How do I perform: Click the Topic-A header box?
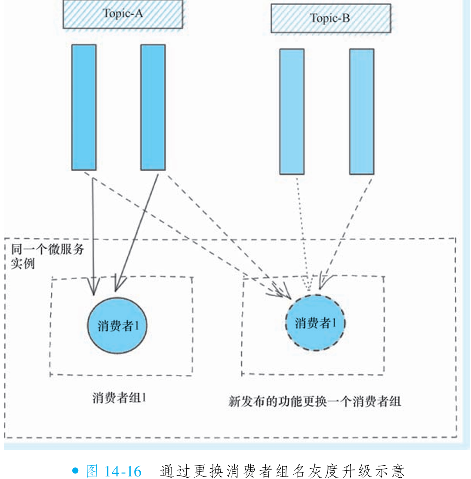pyautogui.click(x=123, y=14)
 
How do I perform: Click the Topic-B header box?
pyautogui.click(x=330, y=18)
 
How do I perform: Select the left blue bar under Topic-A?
pyautogui.click(x=84, y=107)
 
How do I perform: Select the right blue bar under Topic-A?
pyautogui.click(x=153, y=107)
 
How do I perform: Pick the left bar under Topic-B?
pyautogui.click(x=292, y=111)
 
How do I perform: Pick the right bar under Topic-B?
pyautogui.click(x=361, y=111)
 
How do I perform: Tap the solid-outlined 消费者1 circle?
pyautogui.click(x=117, y=325)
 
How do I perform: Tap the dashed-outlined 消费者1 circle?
pyautogui.click(x=315, y=323)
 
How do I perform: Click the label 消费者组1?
pyautogui.click(x=119, y=398)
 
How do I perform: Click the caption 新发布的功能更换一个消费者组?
pyautogui.click(x=314, y=402)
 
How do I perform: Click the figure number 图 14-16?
pyautogui.click(x=114, y=471)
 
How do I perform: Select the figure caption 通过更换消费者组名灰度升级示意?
pyautogui.click(x=282, y=471)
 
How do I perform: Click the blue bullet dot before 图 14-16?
pyautogui.click(x=76, y=470)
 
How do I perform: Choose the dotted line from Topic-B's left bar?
pyautogui.click(x=303, y=232)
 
